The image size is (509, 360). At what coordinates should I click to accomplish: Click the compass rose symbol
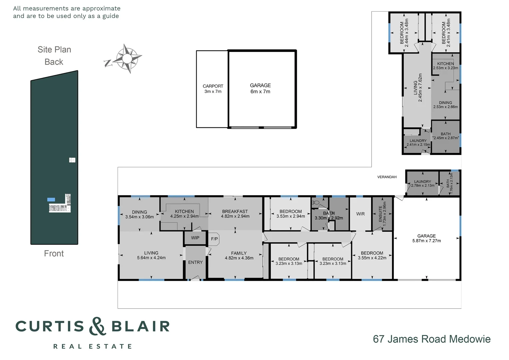click(x=127, y=59)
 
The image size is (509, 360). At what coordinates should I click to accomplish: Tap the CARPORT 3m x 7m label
click(x=213, y=89)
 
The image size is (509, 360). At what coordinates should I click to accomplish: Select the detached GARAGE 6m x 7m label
click(x=260, y=88)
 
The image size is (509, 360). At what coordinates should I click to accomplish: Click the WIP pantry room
click(x=195, y=238)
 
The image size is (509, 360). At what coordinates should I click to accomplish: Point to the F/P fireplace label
click(x=214, y=239)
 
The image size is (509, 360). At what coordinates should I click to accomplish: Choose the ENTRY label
click(x=195, y=262)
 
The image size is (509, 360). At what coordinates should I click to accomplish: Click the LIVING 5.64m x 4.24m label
click(x=151, y=255)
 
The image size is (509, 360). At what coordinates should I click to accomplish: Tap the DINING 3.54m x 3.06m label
click(x=139, y=214)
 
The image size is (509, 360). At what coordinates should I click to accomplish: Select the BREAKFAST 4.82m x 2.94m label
click(x=235, y=214)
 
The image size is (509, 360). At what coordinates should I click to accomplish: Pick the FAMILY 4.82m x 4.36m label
click(x=239, y=255)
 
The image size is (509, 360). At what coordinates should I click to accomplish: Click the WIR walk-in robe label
click(x=360, y=214)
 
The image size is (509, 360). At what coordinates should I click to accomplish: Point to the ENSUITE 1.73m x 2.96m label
click(x=382, y=214)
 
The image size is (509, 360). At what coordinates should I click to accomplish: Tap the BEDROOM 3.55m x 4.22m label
click(x=372, y=255)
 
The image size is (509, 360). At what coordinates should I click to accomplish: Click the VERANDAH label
click(x=387, y=177)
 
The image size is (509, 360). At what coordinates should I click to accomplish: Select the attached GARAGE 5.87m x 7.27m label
click(x=426, y=238)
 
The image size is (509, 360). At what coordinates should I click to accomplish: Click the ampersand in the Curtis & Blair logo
click(x=97, y=326)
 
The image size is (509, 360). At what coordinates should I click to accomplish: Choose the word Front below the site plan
click(x=54, y=254)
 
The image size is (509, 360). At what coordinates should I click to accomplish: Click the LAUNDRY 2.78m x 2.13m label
click(x=422, y=184)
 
